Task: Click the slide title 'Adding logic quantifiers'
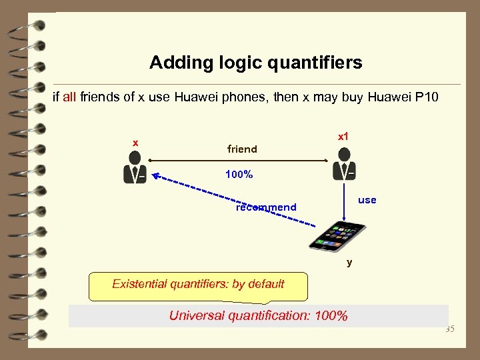click(255, 63)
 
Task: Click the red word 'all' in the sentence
click(69, 98)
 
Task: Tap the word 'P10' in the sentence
click(427, 98)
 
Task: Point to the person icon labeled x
click(135, 167)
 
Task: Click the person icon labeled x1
click(344, 164)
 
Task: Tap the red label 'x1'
click(343, 137)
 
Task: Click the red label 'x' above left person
click(135, 143)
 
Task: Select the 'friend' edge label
click(242, 149)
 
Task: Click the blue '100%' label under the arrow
click(239, 175)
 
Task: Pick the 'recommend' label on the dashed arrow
click(266, 207)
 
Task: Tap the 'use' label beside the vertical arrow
click(367, 200)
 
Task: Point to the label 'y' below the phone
click(349, 262)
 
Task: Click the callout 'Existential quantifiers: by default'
click(198, 285)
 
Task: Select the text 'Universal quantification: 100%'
click(258, 315)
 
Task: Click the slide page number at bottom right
click(449, 329)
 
